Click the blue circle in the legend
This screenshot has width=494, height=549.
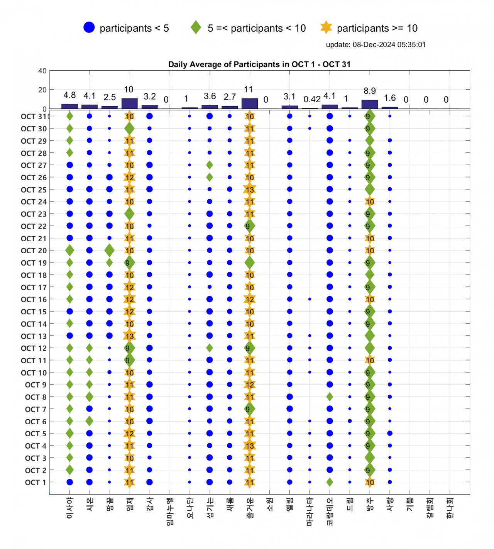pyautogui.click(x=89, y=27)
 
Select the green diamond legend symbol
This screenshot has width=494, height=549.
pyautogui.click(x=196, y=27)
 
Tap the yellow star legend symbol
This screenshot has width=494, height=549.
pyautogui.click(x=326, y=27)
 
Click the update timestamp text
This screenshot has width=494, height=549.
pyautogui.click(x=376, y=44)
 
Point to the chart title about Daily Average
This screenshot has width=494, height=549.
pyautogui.click(x=259, y=64)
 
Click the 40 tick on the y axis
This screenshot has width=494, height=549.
pyautogui.click(x=42, y=71)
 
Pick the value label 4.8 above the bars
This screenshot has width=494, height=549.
pyautogui.click(x=69, y=95)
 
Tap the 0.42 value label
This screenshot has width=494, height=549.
pyautogui.click(x=312, y=99)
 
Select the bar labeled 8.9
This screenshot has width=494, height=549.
pyautogui.click(x=369, y=104)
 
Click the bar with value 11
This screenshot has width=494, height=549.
pyautogui.click(x=249, y=103)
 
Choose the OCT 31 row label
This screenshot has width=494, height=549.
pyautogui.click(x=34, y=117)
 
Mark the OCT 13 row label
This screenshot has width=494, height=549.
pyautogui.click(x=34, y=336)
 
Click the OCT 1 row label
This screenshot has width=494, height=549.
pyautogui.click(x=36, y=483)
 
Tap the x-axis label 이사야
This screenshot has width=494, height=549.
pyautogui.click(x=70, y=508)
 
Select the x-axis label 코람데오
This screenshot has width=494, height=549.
pyautogui.click(x=330, y=512)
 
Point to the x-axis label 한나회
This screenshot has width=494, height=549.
pyautogui.click(x=450, y=508)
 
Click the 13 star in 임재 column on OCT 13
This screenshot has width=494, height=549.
pyautogui.click(x=129, y=336)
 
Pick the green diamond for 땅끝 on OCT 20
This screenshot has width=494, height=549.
pyautogui.click(x=109, y=250)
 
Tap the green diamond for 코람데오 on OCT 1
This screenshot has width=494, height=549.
pyautogui.click(x=330, y=482)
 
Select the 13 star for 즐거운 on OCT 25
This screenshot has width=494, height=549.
pyautogui.click(x=249, y=190)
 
